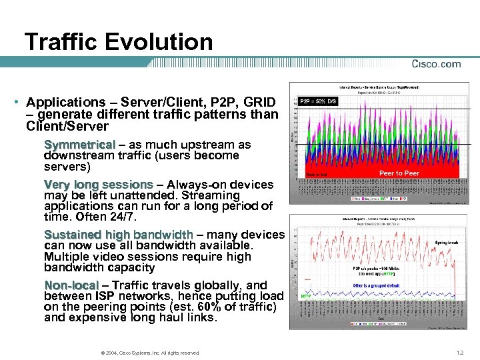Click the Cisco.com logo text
[436, 64]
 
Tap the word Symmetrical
[79, 145]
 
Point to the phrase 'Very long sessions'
[99, 184]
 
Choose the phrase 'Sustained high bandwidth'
[118, 235]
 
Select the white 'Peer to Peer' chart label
[399, 173]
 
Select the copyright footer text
[148, 352]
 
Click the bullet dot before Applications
[15, 103]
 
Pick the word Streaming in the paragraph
[215, 195]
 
